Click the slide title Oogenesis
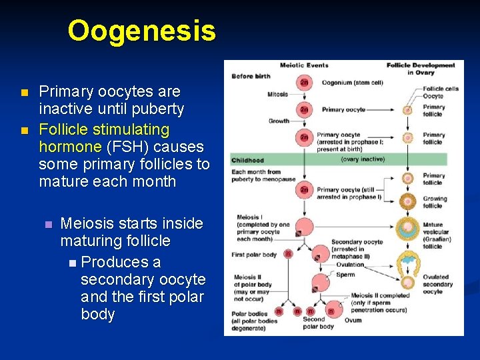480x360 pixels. (141, 31)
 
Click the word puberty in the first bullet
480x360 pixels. (157, 109)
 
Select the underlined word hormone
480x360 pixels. (70, 146)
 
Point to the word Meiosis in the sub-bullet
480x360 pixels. (88, 223)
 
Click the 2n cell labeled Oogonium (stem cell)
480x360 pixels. (304, 83)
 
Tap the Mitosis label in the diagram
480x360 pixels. (277, 95)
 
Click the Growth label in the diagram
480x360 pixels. (279, 121)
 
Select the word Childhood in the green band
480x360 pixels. (248, 160)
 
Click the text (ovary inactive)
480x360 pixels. (362, 159)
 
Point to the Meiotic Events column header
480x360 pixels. (303, 65)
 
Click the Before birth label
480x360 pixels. (251, 76)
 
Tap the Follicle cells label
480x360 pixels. (441, 89)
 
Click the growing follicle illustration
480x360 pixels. (408, 200)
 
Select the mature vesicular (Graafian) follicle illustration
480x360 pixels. (407, 229)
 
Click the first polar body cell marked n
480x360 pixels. (288, 254)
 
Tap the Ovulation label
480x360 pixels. (350, 265)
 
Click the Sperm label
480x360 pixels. (345, 275)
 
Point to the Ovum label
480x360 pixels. (353, 321)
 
